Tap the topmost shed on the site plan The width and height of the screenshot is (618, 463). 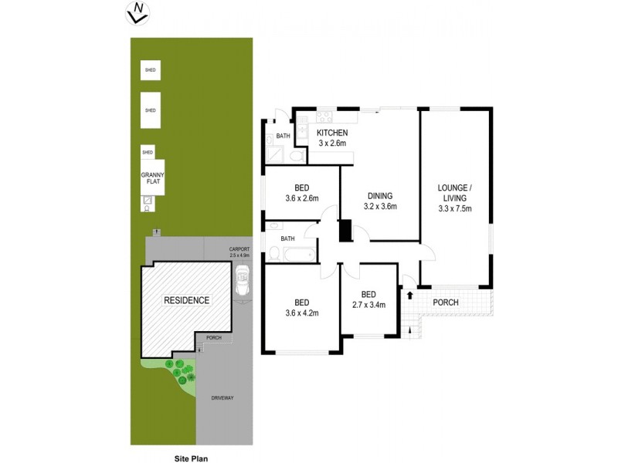(150, 70)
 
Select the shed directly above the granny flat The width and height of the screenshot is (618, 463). (147, 151)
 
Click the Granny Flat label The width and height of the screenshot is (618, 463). (152, 180)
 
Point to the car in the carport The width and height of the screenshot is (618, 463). (243, 282)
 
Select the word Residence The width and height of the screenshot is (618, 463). (185, 300)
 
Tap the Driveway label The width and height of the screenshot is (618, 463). (223, 397)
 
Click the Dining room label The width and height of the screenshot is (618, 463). (379, 196)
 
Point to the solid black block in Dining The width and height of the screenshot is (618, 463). (345, 231)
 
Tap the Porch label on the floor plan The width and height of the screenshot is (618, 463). (445, 302)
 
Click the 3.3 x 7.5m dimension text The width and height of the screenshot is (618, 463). (454, 208)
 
